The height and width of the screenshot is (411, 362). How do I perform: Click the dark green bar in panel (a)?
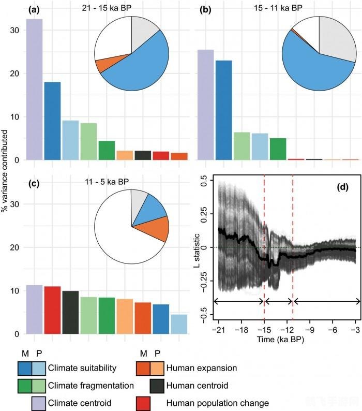point(107,150)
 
